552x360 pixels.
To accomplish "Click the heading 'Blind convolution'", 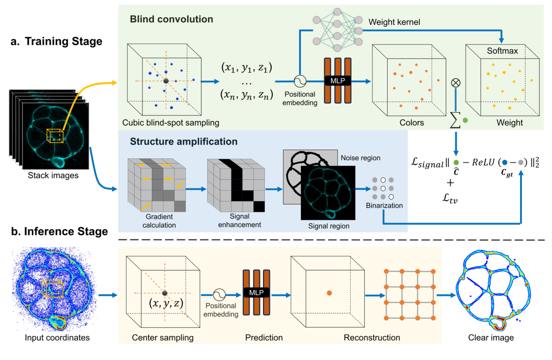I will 171,20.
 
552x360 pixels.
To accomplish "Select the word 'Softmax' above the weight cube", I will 502,51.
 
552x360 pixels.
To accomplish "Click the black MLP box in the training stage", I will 337,80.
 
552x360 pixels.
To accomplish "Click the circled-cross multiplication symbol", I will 455,83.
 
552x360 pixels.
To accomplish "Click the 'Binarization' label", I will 384,205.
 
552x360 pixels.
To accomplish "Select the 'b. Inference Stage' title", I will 58,231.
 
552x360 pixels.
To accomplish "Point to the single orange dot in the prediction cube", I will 329,292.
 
